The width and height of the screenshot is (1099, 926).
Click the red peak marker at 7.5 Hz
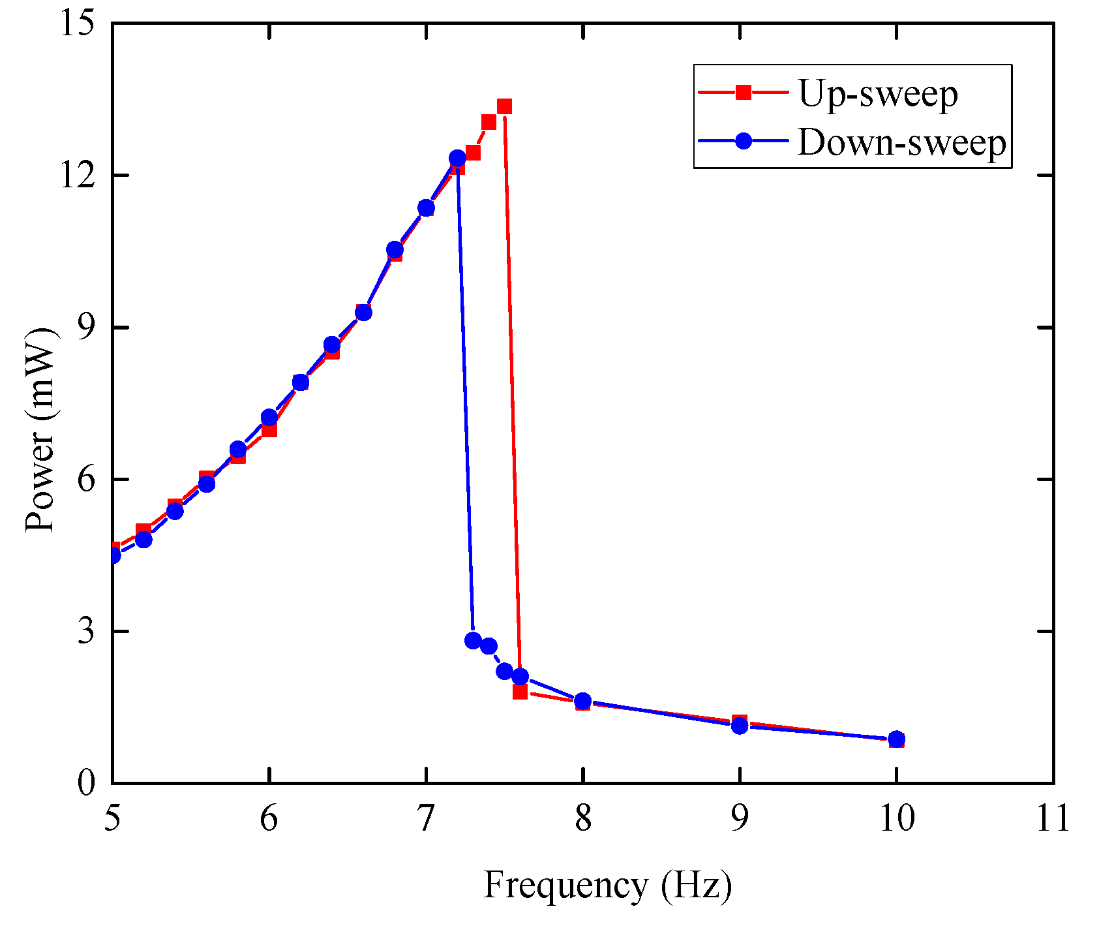pyautogui.click(x=504, y=106)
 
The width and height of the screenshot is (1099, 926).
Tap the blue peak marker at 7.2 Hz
pyautogui.click(x=457, y=158)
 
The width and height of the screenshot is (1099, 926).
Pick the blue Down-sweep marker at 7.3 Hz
pyautogui.click(x=473, y=640)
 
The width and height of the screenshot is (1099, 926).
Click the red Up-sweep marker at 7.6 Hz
pyautogui.click(x=520, y=692)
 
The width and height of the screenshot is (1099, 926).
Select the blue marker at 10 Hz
pyautogui.click(x=897, y=739)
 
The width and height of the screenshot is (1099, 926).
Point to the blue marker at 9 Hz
pyautogui.click(x=740, y=725)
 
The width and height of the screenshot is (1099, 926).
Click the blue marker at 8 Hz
pyautogui.click(x=583, y=701)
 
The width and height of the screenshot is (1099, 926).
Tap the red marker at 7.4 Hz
pyautogui.click(x=489, y=122)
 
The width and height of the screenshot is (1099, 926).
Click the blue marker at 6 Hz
pyautogui.click(x=269, y=417)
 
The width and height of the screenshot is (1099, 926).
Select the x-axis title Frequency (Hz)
pyautogui.click(x=607, y=886)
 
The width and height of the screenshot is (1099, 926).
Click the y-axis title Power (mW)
pyautogui.click(x=40, y=429)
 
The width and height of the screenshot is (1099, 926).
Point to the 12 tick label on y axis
pyautogui.click(x=78, y=176)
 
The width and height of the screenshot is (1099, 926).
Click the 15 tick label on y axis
pyautogui.click(x=78, y=23)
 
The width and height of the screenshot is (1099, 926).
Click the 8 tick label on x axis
pyautogui.click(x=583, y=818)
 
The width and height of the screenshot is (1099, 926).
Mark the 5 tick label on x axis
pyautogui.click(x=113, y=818)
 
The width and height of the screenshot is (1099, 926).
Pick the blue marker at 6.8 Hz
pyautogui.click(x=395, y=249)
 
